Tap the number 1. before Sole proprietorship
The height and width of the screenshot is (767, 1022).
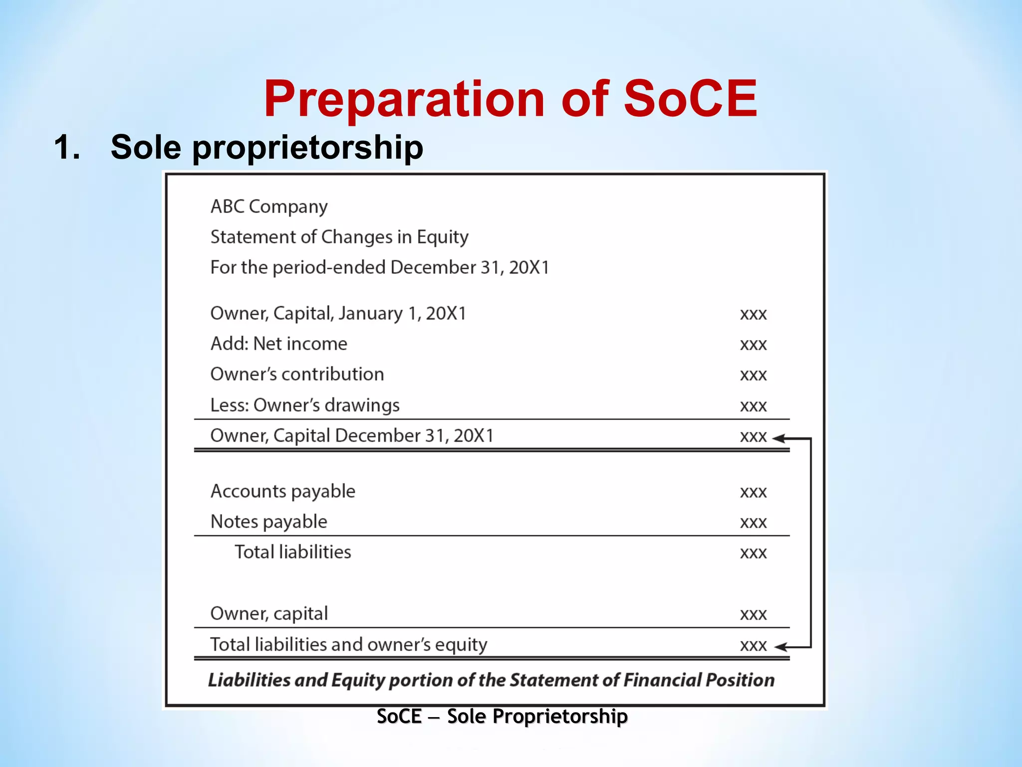(67, 147)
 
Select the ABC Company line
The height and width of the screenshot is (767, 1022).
(269, 207)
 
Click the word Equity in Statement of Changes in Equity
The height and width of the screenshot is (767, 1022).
(443, 237)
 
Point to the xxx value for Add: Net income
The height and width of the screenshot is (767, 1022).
(753, 345)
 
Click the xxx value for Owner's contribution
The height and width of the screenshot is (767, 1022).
(753, 375)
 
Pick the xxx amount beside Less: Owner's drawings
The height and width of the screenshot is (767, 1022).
(753, 406)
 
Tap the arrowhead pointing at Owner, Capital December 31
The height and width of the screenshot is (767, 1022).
(779, 438)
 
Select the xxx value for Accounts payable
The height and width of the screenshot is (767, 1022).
(753, 492)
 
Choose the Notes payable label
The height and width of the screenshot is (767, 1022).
(269, 522)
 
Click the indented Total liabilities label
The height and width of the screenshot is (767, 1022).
(293, 552)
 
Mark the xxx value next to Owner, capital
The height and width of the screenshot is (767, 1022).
(753, 614)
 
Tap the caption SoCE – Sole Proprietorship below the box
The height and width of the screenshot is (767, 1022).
(502, 717)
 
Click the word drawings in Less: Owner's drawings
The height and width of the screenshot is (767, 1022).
(362, 405)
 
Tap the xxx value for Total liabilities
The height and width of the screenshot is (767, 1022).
(753, 553)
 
